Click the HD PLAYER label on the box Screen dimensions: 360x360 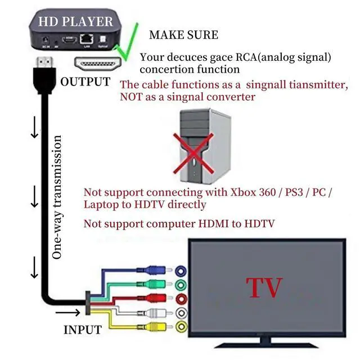pos(75,22)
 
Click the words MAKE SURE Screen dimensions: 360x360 pos(183,35)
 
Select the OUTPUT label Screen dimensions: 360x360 pos(85,82)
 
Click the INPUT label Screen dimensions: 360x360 pos(82,330)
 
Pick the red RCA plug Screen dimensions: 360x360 pos(155,299)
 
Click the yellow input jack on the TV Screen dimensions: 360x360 pos(181,327)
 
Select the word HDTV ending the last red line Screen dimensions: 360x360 pos(259,224)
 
